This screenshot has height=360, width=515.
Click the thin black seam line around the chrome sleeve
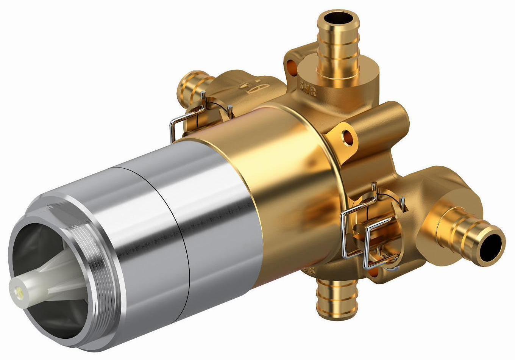(x=178, y=227)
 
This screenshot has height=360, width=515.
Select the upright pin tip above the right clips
(x=374, y=185)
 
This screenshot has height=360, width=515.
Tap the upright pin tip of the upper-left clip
(x=204, y=95)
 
